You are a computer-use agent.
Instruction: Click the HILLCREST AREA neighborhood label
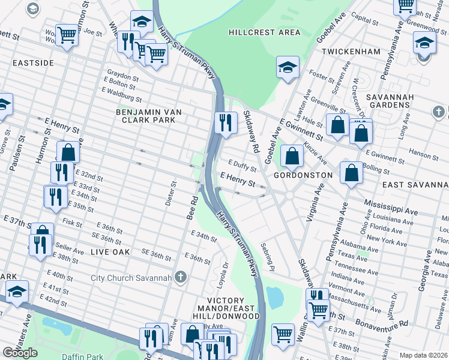point(264,31)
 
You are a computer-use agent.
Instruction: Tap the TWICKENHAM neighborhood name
point(351,52)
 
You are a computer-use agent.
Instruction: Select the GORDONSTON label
point(303,175)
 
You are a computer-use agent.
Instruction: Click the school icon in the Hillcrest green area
point(288,67)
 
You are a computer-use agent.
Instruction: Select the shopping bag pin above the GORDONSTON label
point(292,156)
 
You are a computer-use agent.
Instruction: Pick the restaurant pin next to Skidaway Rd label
point(224,122)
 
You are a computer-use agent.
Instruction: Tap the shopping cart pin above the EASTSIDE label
point(67,35)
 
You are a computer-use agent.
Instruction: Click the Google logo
point(20,353)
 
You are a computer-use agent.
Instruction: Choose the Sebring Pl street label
point(267,256)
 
